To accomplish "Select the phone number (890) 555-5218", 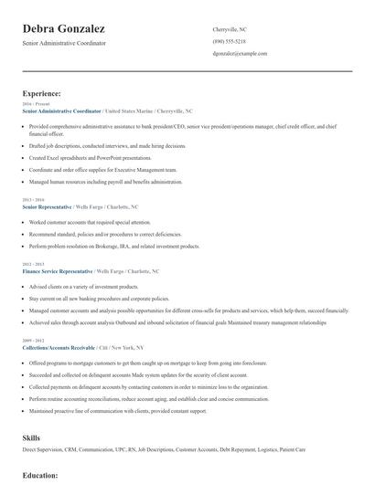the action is (230, 42).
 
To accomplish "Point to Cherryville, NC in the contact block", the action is (230, 29).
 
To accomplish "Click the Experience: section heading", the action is (42, 93).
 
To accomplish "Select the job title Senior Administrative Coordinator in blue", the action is (61, 110).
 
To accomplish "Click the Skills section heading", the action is (31, 438).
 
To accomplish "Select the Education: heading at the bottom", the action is (40, 476).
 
